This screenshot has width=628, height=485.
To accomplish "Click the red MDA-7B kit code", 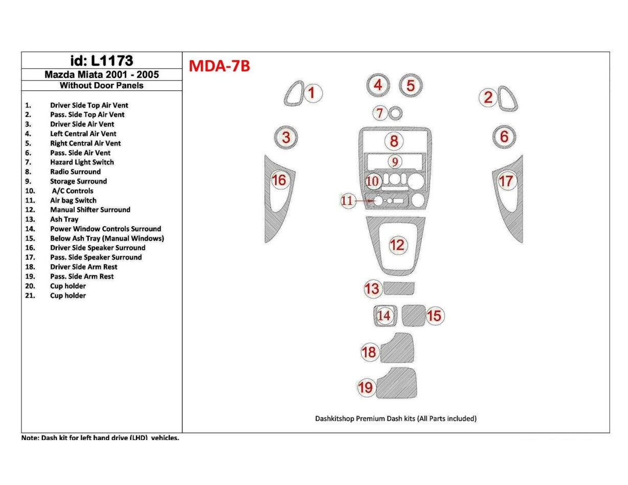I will [x=219, y=66].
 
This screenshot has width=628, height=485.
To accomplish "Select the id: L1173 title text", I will [x=101, y=61].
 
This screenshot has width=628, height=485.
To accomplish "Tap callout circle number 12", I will [x=397, y=245].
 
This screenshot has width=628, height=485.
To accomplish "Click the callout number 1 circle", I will [x=313, y=93].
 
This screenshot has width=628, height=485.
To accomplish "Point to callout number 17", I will [x=506, y=181].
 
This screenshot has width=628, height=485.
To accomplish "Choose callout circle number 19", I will [x=366, y=387].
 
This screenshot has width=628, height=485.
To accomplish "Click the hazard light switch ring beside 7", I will [x=395, y=113].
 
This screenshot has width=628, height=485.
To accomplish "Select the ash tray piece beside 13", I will [x=399, y=288].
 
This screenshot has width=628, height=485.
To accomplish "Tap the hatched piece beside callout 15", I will [x=413, y=315].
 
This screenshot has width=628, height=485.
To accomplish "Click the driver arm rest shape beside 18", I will [x=398, y=348].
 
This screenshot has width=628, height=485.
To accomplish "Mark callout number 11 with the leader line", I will [x=347, y=201].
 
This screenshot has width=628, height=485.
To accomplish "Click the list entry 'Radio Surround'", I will [x=75, y=172].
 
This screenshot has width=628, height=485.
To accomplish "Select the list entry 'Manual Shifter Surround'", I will [x=90, y=210].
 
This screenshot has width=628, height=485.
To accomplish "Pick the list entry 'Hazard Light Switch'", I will [x=82, y=162].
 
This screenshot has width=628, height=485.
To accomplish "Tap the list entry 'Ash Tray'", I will [x=64, y=220].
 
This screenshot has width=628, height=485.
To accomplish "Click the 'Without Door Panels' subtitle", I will [x=101, y=86].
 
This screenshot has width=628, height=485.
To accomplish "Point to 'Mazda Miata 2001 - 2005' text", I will [x=101, y=75].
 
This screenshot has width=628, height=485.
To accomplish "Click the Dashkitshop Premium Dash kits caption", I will [x=395, y=419].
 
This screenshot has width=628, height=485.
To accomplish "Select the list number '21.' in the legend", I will [x=30, y=296].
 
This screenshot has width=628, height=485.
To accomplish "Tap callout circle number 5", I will [x=410, y=85].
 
